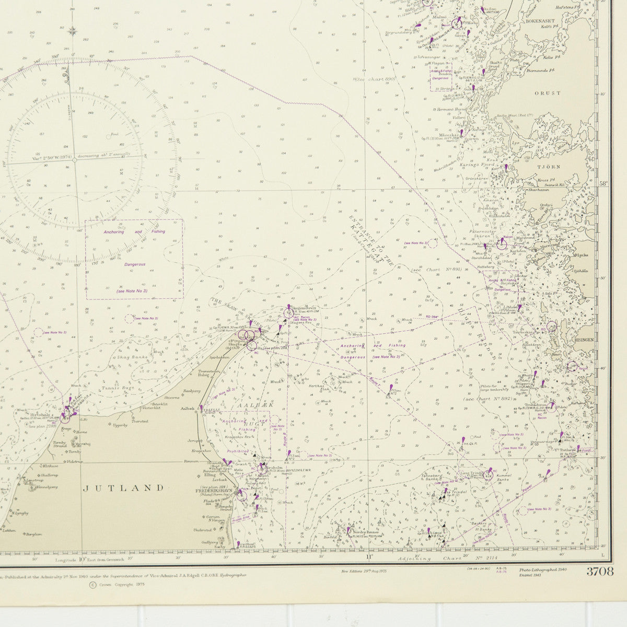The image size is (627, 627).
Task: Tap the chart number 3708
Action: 599,571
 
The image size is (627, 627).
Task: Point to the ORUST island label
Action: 548,93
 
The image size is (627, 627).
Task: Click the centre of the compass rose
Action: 74,160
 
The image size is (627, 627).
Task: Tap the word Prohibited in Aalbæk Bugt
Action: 238,451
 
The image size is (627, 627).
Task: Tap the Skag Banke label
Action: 126,355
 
